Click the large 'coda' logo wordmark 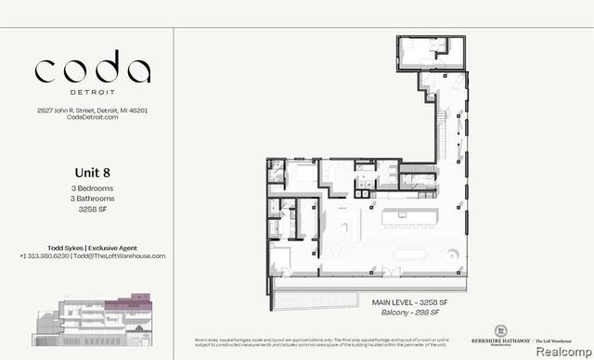coord(92,71)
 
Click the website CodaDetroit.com coord(92,118)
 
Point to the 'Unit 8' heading coord(92,172)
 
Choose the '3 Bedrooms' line coord(92,188)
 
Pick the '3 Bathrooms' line coord(92,199)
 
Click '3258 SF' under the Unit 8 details coord(92,210)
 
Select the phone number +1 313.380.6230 coord(46,256)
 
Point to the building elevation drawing coord(101,315)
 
